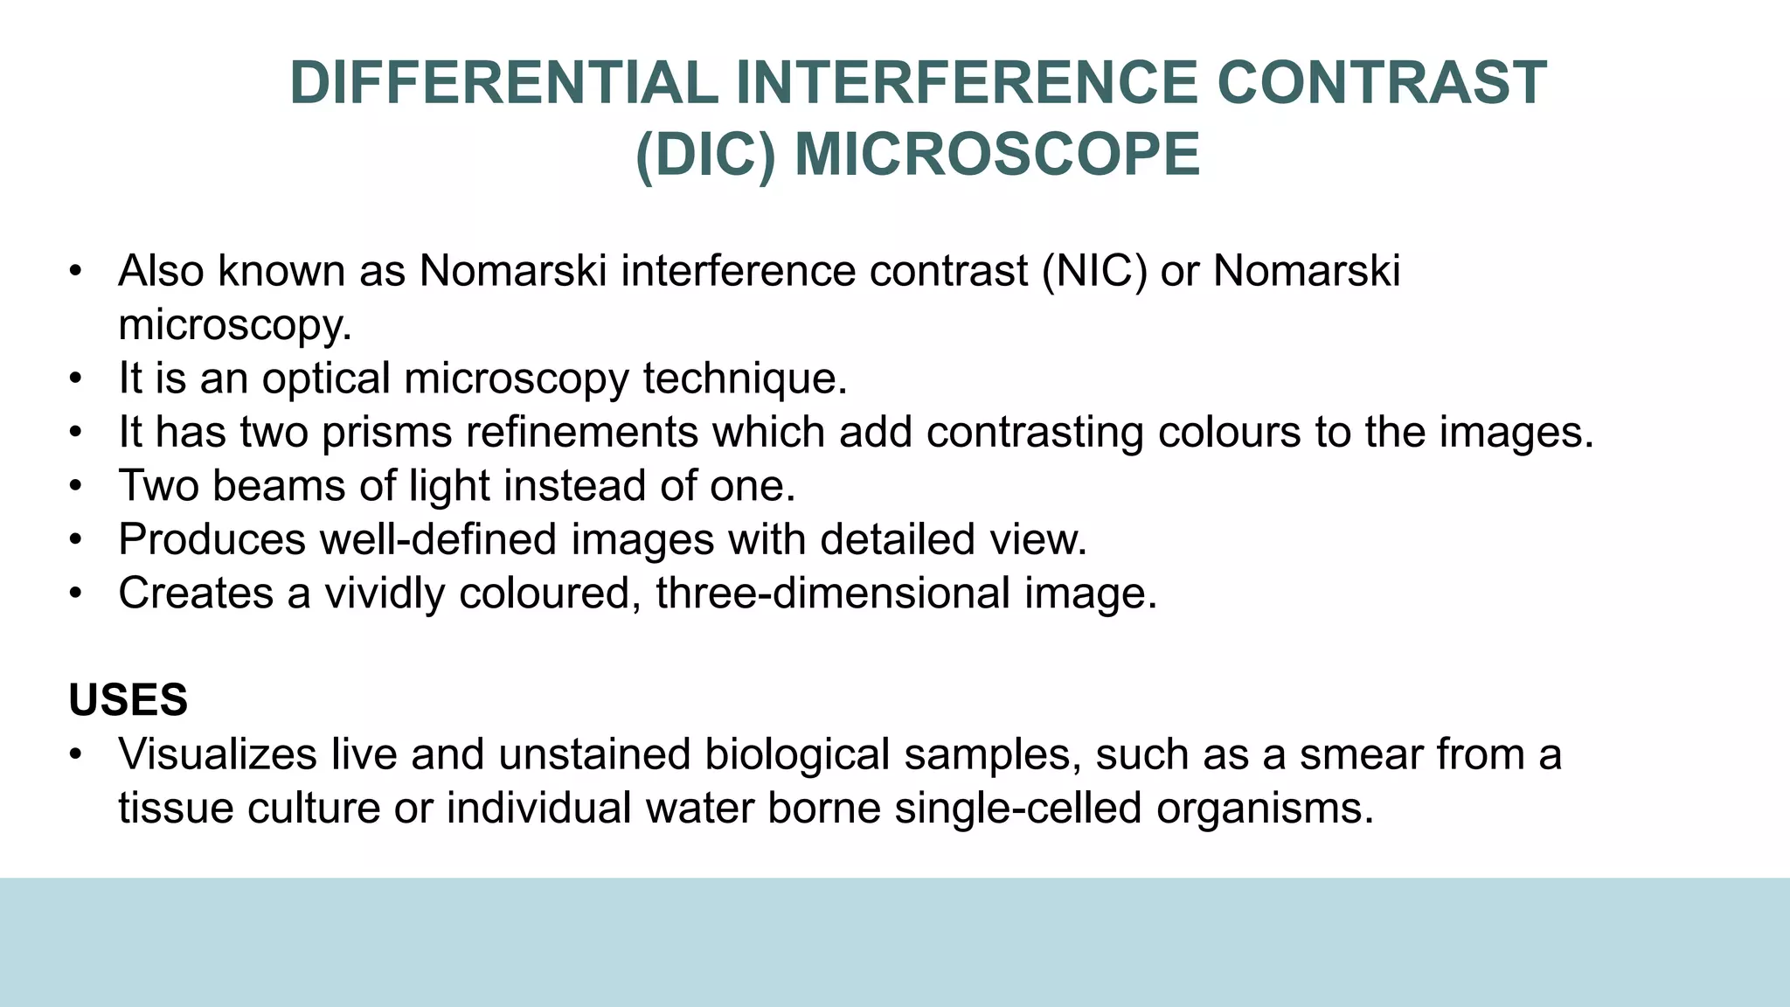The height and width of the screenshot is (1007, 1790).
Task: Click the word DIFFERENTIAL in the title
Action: [504, 84]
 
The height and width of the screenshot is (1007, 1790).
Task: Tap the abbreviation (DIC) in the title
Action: [705, 155]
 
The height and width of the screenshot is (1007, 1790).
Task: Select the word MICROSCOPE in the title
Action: [997, 155]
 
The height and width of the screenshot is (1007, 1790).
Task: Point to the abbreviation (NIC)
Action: [1093, 271]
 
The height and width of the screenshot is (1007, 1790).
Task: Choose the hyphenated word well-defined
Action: [438, 539]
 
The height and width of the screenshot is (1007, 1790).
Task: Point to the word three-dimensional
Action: [833, 594]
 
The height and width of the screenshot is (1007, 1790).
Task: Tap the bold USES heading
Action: [128, 700]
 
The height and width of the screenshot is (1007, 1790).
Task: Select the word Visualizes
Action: [217, 754]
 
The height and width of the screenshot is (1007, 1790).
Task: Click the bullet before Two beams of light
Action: [76, 486]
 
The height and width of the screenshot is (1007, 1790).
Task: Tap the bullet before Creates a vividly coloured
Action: [76, 594]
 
